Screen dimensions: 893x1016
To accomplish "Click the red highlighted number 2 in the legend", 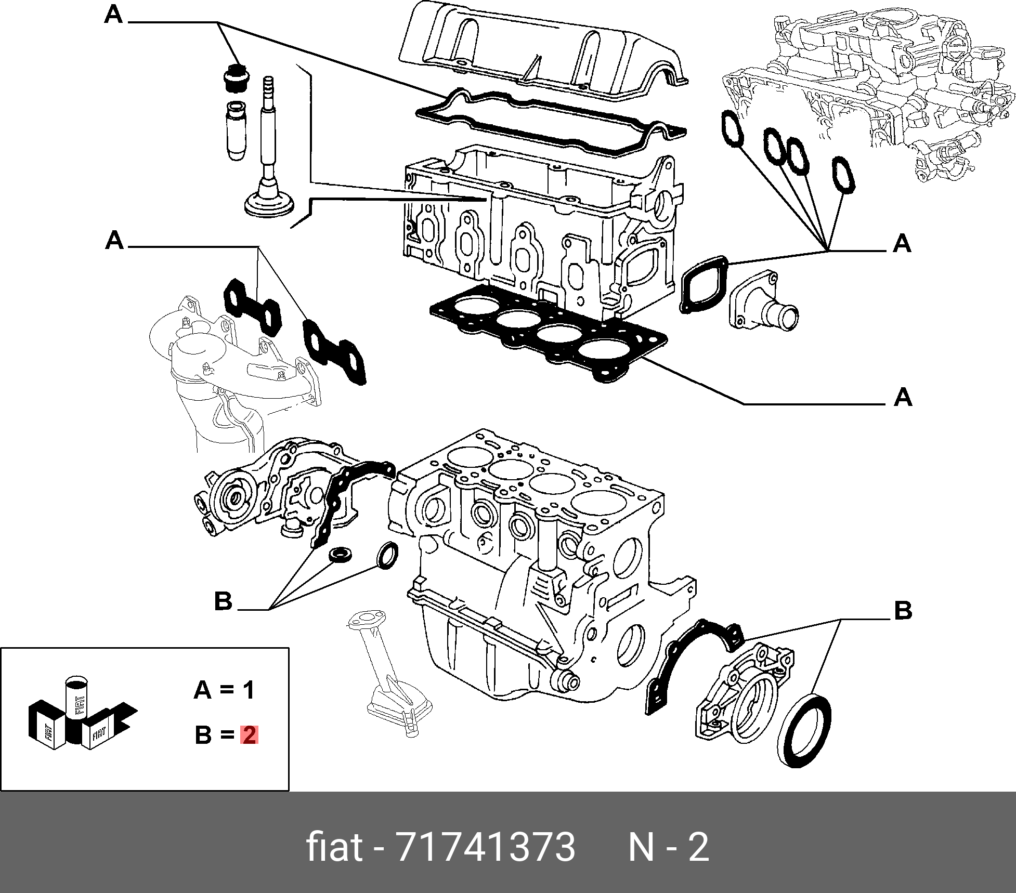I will tap(249, 735).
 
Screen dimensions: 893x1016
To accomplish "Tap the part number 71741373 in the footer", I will tap(486, 847).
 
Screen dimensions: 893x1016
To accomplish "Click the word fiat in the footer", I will tap(334, 847).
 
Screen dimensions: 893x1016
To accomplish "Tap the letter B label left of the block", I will tap(223, 601).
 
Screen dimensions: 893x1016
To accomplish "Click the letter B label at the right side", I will tap(903, 610).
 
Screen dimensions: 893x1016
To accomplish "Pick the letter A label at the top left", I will tap(113, 15).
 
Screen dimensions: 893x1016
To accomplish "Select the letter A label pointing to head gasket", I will tap(903, 397).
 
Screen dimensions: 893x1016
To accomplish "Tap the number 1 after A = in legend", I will tap(249, 690).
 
